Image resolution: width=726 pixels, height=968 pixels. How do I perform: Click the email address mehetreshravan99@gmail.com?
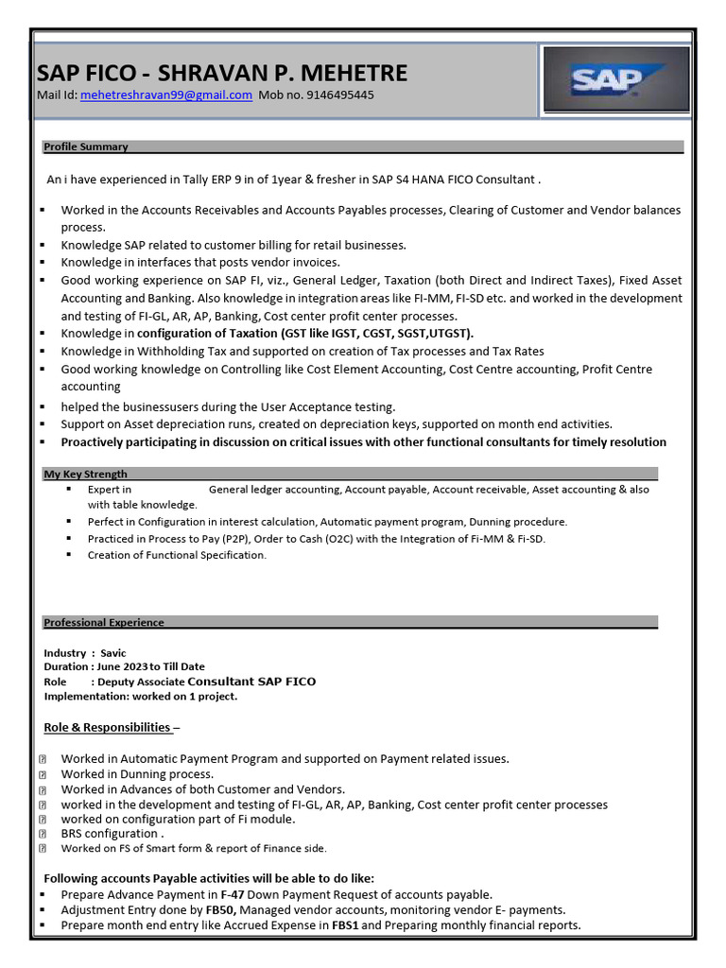point(166,95)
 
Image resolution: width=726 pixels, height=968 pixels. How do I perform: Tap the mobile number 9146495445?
point(340,95)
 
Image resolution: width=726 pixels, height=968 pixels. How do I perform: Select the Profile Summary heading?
point(86,147)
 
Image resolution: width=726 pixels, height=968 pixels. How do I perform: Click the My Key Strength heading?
point(86,474)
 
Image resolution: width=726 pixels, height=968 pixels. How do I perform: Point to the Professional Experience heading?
point(104,622)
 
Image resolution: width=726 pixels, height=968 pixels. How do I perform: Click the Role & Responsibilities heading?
point(108,727)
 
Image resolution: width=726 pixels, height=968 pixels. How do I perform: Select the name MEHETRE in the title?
point(350,73)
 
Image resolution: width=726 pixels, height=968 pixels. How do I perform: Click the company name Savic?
point(113,653)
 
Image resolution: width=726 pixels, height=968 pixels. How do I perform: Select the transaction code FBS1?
point(346,925)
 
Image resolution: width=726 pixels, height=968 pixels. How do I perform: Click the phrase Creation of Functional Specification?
point(177,555)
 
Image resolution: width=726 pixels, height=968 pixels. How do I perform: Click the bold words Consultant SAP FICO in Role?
point(251,681)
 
